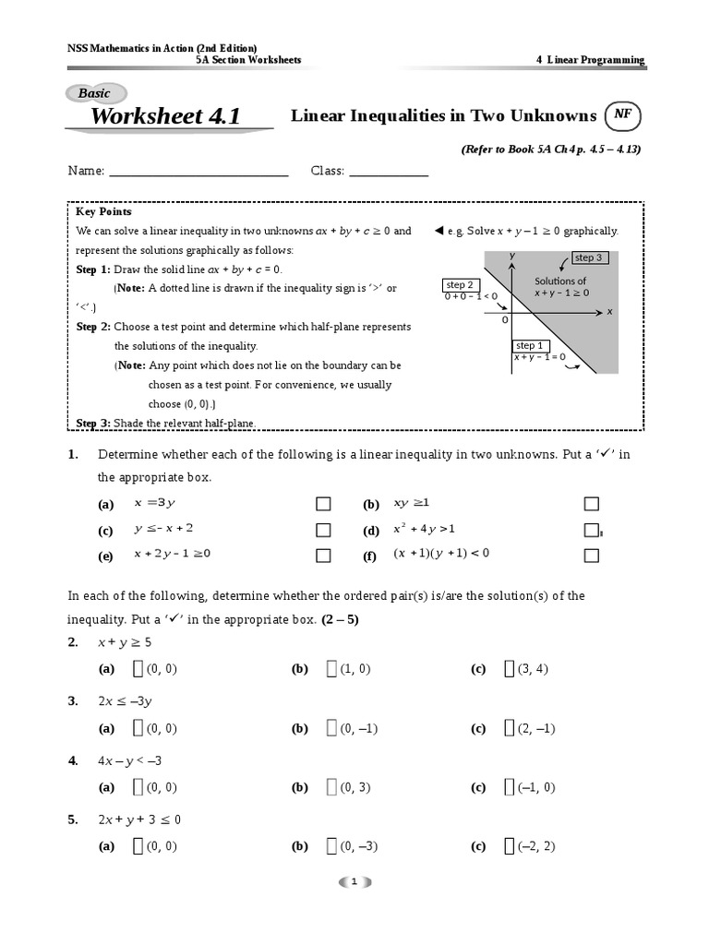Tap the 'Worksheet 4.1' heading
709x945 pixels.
(165, 116)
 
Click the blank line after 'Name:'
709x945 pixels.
(199, 172)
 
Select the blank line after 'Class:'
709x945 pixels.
(389, 172)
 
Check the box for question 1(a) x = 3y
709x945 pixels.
(323, 504)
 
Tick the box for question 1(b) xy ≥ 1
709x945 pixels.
(592, 504)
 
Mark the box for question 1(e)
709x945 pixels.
(323, 556)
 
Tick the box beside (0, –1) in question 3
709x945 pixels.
(330, 729)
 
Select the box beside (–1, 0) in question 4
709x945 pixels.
(509, 787)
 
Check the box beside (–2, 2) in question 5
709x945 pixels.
(509, 846)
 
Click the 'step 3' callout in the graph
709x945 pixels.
(588, 258)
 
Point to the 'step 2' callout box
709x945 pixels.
(460, 285)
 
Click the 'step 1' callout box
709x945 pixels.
(530, 345)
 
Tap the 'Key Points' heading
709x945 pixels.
(103, 212)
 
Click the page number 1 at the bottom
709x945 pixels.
(354, 882)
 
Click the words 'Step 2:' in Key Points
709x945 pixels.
(93, 327)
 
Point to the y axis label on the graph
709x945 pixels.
(511, 256)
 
